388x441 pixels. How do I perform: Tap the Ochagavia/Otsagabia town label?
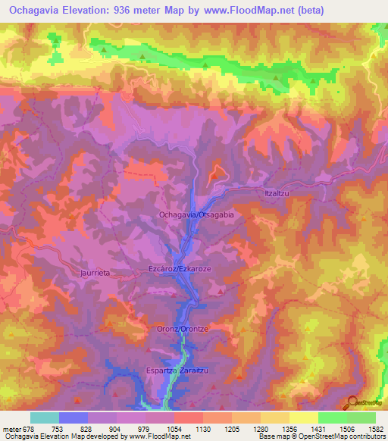(196, 215)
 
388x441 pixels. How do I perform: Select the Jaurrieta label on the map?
(96, 271)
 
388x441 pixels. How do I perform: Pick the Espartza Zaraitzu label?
(180, 371)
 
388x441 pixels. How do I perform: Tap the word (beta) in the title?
(346, 11)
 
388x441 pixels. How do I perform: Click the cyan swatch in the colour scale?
(45, 418)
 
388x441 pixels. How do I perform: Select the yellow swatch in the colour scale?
(303, 418)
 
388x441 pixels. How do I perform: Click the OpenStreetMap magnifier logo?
(353, 402)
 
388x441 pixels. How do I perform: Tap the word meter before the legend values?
(11, 428)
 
